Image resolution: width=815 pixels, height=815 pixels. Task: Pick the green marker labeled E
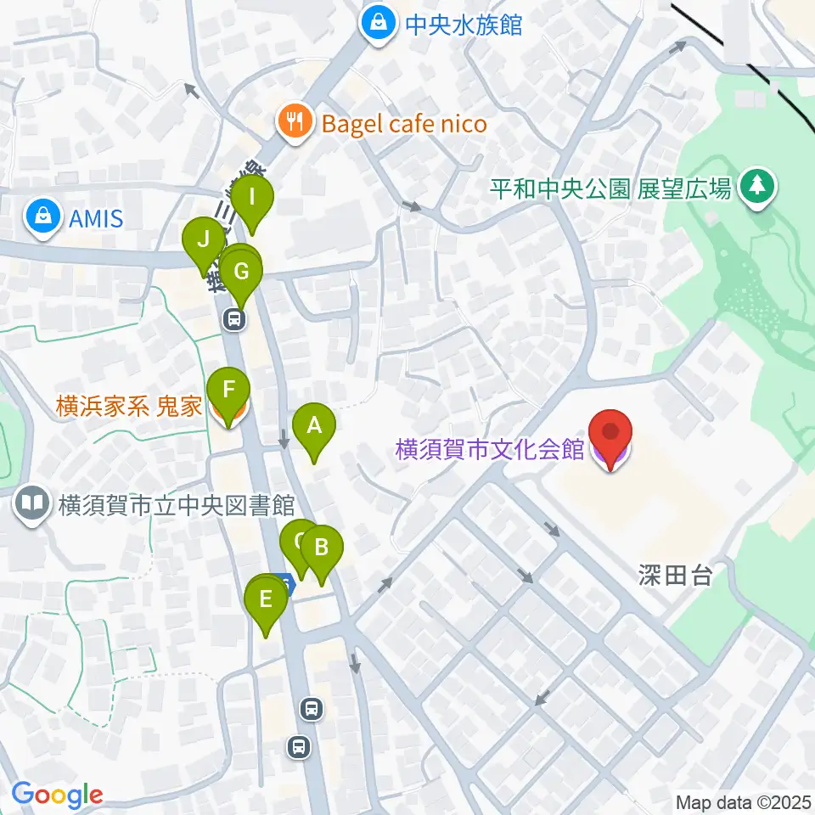coord(266,602)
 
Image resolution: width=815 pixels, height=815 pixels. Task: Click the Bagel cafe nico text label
coord(404,125)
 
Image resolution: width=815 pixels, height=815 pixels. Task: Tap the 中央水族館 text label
coord(463,24)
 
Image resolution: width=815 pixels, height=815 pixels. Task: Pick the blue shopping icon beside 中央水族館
coord(374,24)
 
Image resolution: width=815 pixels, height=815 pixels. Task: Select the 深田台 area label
coord(675,577)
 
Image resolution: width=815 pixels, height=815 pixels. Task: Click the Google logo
coord(57,795)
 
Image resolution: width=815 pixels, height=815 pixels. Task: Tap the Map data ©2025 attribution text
coord(743,801)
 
